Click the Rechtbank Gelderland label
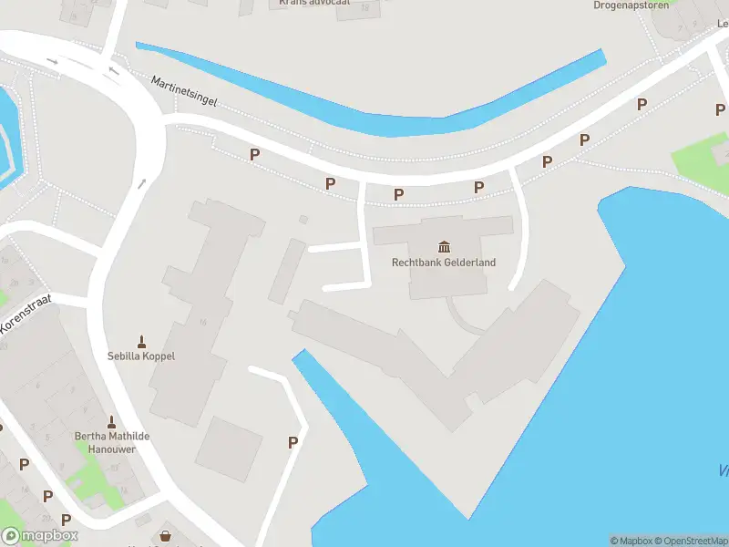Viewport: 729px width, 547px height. tap(444, 263)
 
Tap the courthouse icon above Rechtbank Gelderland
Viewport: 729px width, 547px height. tap(444, 246)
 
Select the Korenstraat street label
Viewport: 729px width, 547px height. tap(26, 309)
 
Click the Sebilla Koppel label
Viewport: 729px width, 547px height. tap(141, 356)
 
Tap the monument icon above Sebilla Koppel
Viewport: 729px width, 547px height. tap(141, 341)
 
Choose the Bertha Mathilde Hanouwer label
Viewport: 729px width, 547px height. tap(112, 442)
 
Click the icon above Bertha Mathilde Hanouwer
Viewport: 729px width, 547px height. tap(112, 422)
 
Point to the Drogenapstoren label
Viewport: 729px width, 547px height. tap(631, 5)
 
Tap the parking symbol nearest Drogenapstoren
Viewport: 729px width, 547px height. tap(642, 104)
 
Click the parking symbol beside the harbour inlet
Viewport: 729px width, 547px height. tap(293, 442)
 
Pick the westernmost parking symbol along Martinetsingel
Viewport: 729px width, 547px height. tap(255, 155)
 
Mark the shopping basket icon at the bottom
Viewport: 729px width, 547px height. tap(166, 537)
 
